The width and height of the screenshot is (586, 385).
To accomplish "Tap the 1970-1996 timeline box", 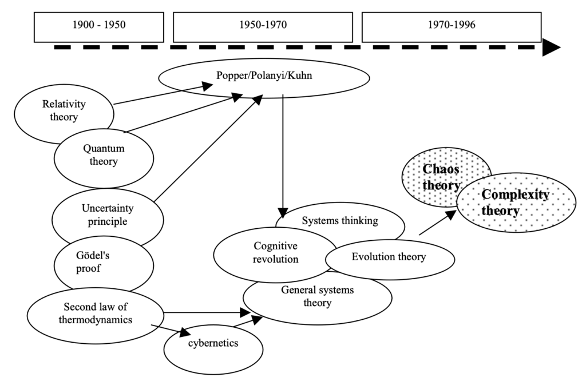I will [452, 25].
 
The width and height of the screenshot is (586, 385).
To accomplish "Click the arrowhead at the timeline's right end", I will [551, 47].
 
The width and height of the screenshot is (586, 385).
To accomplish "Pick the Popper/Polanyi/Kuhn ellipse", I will [264, 76].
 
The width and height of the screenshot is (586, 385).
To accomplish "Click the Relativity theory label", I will [60, 110].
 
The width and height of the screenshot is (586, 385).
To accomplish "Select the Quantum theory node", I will [104, 154].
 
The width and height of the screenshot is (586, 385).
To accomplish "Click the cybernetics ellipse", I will [213, 343].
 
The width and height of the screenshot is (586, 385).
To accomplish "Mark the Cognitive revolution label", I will [276, 252].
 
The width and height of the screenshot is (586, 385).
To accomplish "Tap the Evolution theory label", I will [389, 257].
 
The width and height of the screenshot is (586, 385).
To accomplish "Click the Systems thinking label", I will [340, 221].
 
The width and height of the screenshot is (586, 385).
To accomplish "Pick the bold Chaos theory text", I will [441, 176].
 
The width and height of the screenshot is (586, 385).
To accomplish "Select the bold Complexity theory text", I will [515, 202].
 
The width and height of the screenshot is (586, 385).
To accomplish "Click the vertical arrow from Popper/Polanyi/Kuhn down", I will [282, 154].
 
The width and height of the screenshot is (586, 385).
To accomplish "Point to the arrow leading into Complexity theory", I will [438, 223].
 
